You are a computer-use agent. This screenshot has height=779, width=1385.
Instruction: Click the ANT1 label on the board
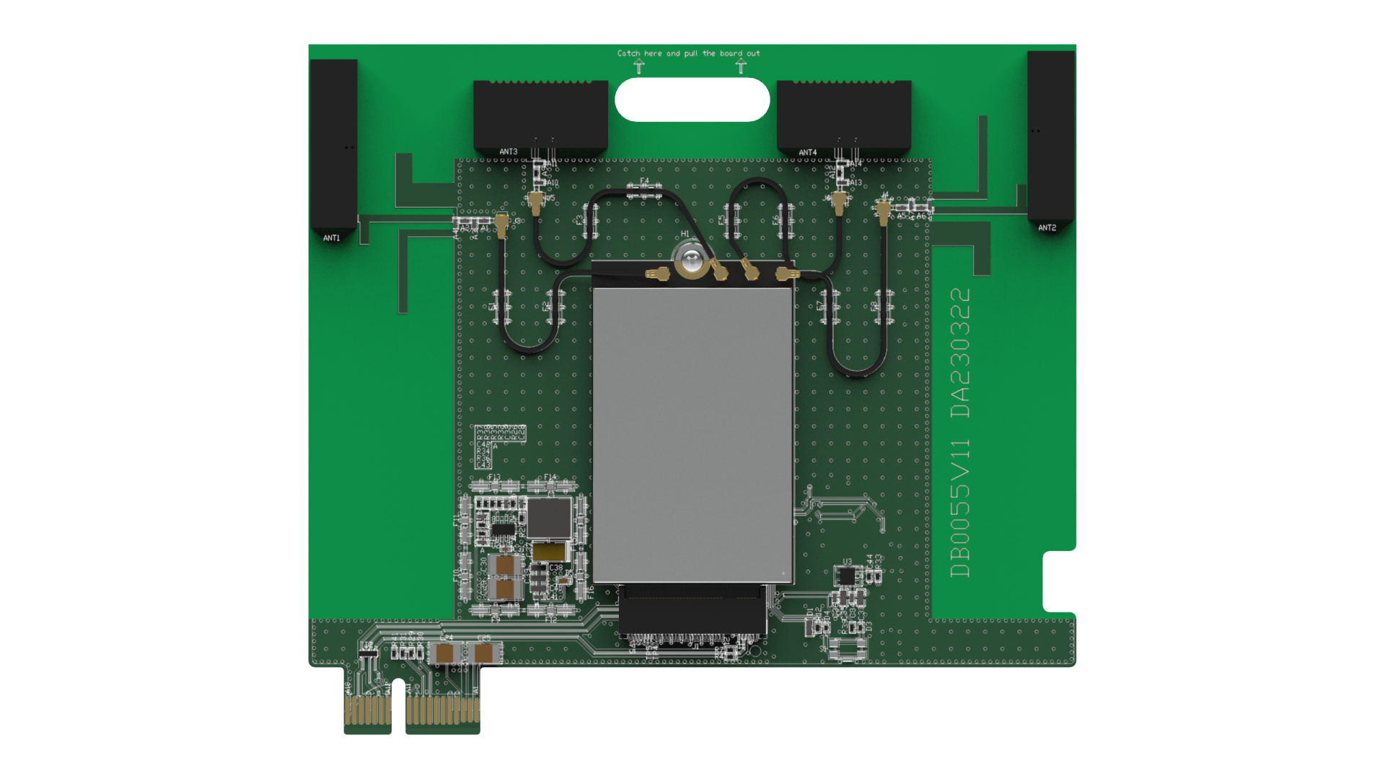pyautogui.click(x=331, y=238)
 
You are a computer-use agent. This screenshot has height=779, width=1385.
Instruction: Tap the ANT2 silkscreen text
pyautogui.click(x=1047, y=228)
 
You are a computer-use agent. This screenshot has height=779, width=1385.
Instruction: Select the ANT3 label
pyautogui.click(x=509, y=152)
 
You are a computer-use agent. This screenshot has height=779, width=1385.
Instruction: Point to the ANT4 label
pyautogui.click(x=808, y=153)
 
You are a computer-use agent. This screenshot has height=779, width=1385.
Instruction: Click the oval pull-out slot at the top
pyautogui.click(x=692, y=100)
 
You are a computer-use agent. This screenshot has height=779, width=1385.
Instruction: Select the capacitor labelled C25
pyautogui.click(x=484, y=653)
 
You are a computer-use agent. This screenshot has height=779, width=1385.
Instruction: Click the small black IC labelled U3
pyautogui.click(x=846, y=576)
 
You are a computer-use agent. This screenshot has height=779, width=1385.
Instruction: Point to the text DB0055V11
pyautogui.click(x=961, y=508)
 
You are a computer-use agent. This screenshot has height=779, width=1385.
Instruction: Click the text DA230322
pyautogui.click(x=961, y=353)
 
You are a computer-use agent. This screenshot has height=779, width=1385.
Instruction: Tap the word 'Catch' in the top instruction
pyautogui.click(x=628, y=53)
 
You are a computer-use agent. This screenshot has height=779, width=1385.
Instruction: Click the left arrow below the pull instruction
pyautogui.click(x=639, y=67)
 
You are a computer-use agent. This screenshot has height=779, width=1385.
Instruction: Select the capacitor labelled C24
pyautogui.click(x=446, y=653)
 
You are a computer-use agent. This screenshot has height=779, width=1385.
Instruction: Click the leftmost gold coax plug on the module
pyautogui.click(x=656, y=274)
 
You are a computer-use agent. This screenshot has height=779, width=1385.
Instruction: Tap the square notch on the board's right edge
pyautogui.click(x=1059, y=581)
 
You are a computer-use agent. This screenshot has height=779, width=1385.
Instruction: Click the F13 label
pyautogui.click(x=493, y=477)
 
